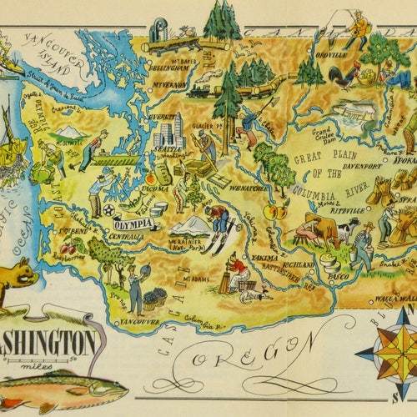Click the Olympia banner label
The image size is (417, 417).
click(133, 224)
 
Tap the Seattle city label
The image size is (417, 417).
click(164, 149)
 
